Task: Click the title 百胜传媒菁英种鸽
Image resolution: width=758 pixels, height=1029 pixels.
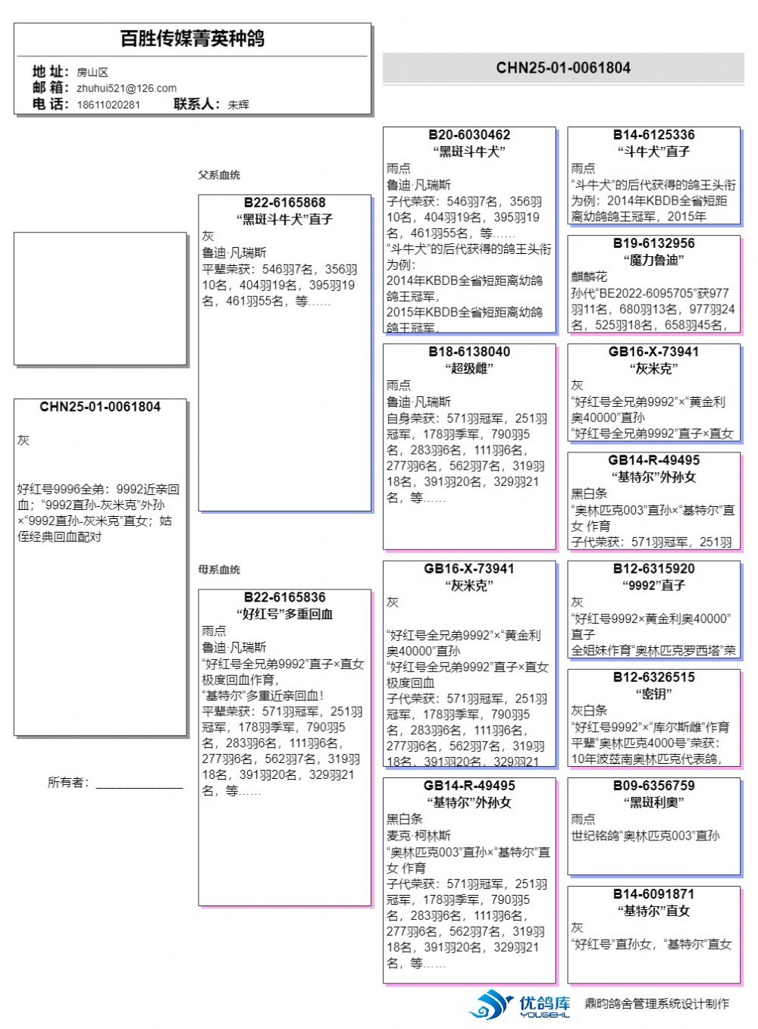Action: click(x=193, y=39)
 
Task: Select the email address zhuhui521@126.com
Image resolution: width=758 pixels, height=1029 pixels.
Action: click(x=127, y=88)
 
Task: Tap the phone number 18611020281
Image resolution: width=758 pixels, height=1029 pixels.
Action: click(x=108, y=105)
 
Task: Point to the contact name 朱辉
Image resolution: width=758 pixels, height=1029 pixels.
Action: click(x=238, y=105)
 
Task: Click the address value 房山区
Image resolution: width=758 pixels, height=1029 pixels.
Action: click(x=92, y=72)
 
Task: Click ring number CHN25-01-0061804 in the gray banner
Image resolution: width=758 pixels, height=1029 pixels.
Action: click(x=563, y=67)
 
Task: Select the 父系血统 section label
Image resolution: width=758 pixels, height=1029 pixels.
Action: click(x=219, y=175)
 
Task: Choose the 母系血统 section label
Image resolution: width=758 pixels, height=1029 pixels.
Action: click(x=219, y=570)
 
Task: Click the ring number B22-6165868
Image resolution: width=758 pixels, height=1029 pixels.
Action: click(x=284, y=203)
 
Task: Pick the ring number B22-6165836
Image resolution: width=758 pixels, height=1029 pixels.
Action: click(x=284, y=598)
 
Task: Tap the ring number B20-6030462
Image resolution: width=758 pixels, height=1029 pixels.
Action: click(x=469, y=135)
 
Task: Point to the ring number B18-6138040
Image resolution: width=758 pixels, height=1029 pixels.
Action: click(x=469, y=352)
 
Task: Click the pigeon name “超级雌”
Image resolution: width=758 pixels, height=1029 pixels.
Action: click(x=469, y=368)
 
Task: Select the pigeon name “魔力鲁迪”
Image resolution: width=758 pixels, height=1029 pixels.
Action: click(x=653, y=260)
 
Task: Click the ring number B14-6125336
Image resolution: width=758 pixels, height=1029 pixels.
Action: click(x=653, y=135)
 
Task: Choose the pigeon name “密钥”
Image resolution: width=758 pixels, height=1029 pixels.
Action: click(x=653, y=694)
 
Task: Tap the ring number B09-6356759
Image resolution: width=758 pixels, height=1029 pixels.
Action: click(x=653, y=786)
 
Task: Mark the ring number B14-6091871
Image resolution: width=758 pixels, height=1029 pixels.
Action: click(x=653, y=894)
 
